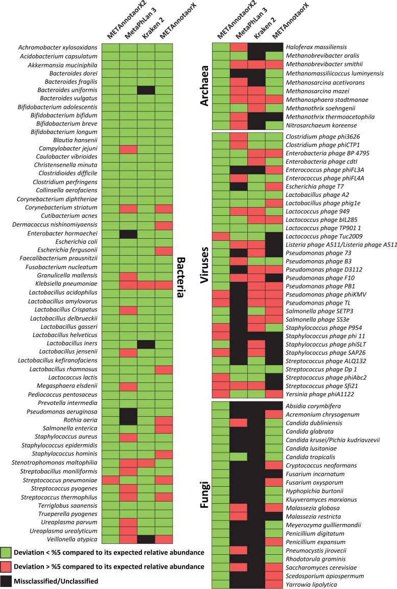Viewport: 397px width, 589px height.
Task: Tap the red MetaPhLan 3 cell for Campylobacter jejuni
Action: coord(129,148)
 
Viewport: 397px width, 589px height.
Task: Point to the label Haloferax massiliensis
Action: coord(314,47)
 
